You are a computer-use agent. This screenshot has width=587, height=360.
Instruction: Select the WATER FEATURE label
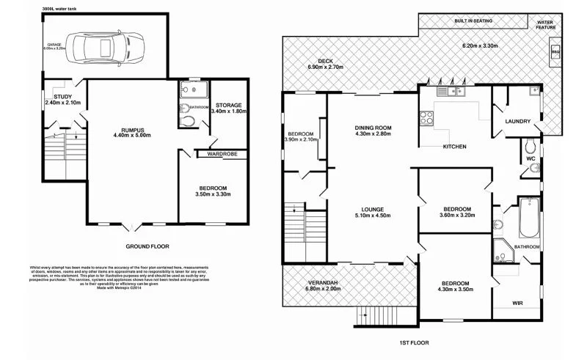pyautogui.click(x=545, y=24)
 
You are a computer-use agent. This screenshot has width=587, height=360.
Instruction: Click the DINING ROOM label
pyautogui.click(x=373, y=128)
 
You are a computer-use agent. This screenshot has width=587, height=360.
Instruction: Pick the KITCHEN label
pyautogui.click(x=454, y=147)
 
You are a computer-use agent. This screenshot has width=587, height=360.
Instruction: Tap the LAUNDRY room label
pyautogui.click(x=518, y=121)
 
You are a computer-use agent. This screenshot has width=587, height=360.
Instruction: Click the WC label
pyautogui.click(x=529, y=157)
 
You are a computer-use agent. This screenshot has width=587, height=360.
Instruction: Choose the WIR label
pyautogui.click(x=517, y=302)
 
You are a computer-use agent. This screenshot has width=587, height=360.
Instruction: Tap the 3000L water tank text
pyautogui.click(x=60, y=9)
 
